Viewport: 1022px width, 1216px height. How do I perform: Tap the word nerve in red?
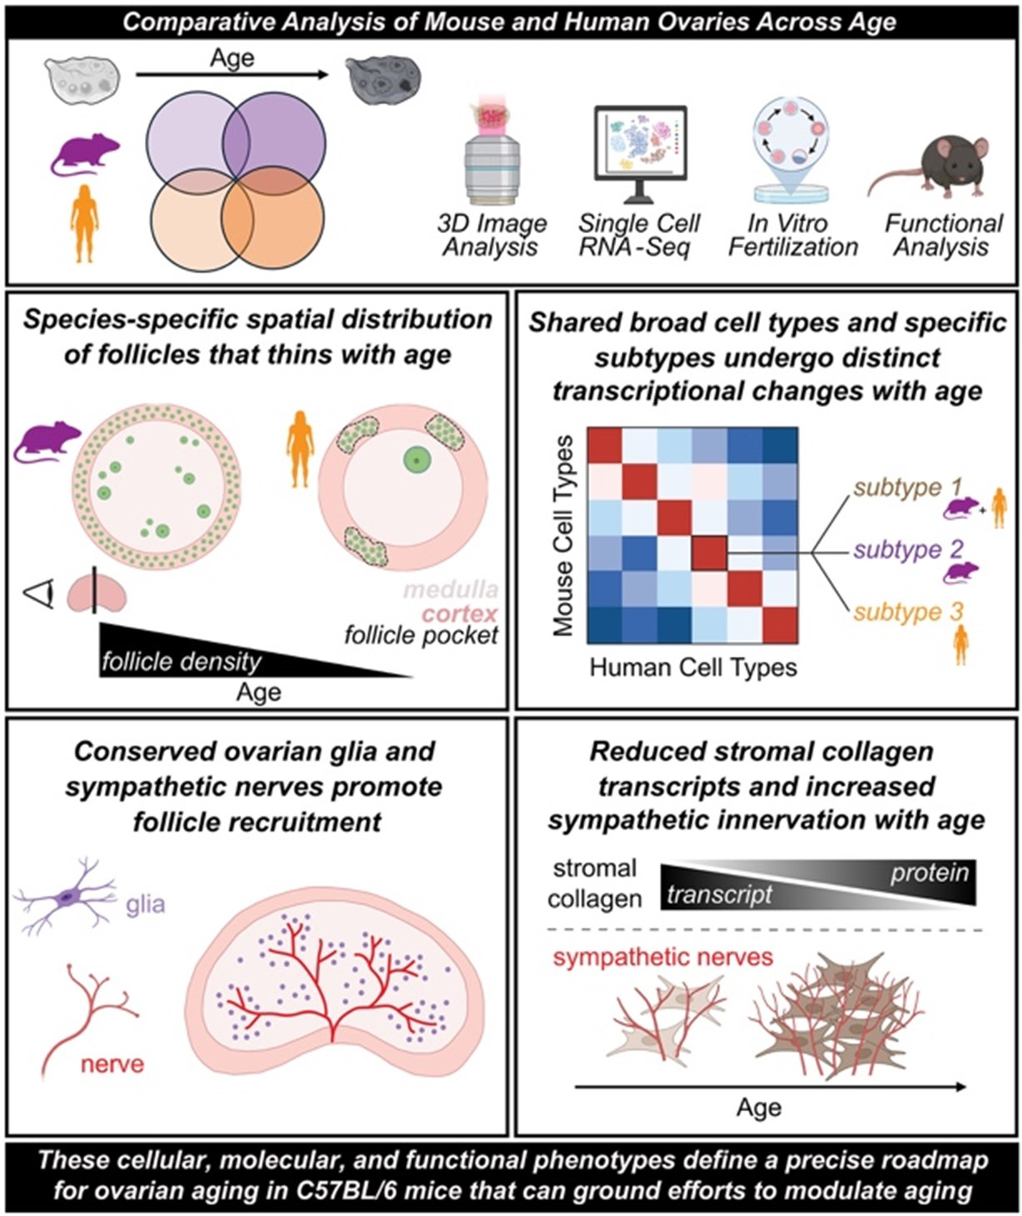(112, 1064)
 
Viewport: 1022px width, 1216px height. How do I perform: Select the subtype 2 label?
(908, 549)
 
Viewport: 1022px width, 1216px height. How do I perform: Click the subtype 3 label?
(908, 612)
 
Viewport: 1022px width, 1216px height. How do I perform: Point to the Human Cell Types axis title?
(692, 668)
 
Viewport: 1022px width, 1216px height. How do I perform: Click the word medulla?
(450, 590)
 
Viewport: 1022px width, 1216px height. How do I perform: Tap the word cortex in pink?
(459, 614)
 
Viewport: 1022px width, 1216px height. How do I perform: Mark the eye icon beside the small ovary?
(40, 594)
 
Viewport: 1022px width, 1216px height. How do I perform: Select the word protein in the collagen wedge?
(929, 872)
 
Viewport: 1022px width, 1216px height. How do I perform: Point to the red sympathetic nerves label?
(662, 957)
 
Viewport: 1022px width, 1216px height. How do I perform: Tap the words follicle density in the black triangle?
(181, 663)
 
